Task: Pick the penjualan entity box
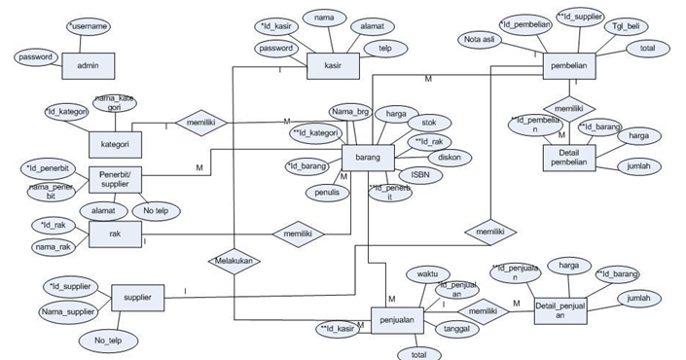(x=399, y=319)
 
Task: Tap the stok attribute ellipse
(x=428, y=124)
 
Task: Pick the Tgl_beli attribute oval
(x=618, y=27)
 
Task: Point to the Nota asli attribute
(x=483, y=39)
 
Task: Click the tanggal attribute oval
(x=454, y=330)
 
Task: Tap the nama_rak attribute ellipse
(x=54, y=249)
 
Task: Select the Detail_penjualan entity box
(x=562, y=309)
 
